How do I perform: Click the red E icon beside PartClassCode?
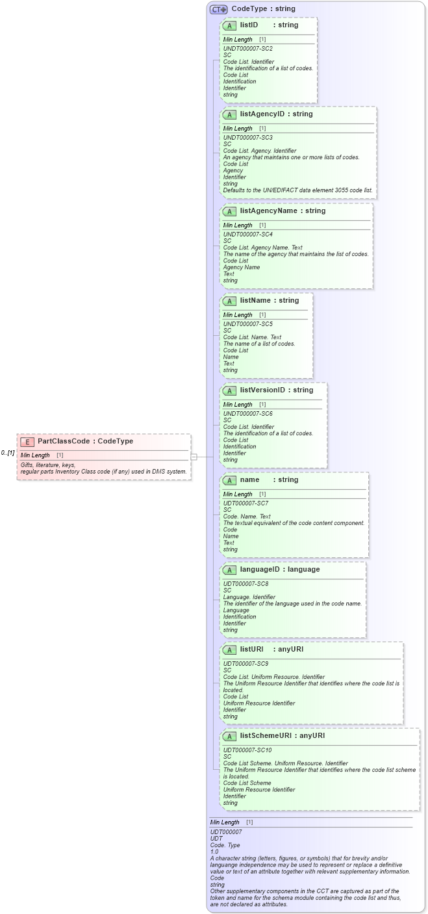tap(27, 442)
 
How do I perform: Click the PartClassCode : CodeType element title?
tap(85, 442)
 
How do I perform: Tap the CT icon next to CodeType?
tap(218, 9)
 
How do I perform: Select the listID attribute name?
tap(249, 25)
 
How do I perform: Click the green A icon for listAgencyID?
tap(229, 114)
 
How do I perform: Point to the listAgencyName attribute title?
tap(283, 211)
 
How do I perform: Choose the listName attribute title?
tap(269, 301)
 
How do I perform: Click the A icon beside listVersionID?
tap(229, 390)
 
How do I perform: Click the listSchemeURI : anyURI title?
tap(282, 736)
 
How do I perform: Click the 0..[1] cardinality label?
tap(8, 453)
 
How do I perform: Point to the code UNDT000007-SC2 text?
tap(248, 49)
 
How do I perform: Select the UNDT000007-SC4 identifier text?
tap(248, 235)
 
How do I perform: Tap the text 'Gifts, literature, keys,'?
tap(48, 465)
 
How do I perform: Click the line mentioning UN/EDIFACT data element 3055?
tap(298, 190)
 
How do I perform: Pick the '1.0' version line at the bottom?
tap(214, 851)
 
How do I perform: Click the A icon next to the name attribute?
tap(229, 480)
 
